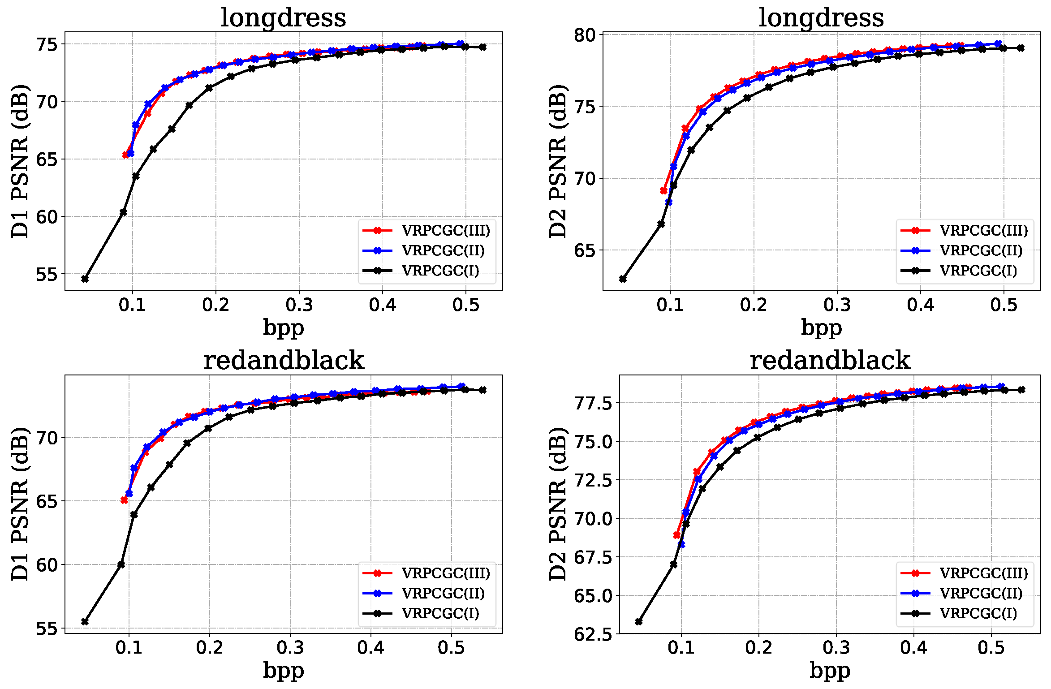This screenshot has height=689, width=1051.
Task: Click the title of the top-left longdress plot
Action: (283, 18)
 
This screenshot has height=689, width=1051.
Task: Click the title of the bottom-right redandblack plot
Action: (830, 361)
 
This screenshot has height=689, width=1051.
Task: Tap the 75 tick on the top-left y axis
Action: (47, 44)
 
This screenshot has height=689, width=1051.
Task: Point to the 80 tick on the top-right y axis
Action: (585, 35)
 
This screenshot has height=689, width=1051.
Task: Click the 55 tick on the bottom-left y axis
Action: (47, 629)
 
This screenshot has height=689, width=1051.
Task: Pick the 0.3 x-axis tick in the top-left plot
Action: (299, 305)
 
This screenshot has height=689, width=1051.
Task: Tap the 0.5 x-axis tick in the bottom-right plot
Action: (991, 648)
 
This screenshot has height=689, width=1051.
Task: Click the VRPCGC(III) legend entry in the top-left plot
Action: (445, 230)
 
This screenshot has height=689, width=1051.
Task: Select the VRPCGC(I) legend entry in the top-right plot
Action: (978, 271)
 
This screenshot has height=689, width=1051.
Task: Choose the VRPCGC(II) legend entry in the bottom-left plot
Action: (443, 593)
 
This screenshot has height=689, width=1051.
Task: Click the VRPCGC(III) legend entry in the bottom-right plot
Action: (983, 573)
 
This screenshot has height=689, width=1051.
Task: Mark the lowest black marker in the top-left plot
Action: (85, 279)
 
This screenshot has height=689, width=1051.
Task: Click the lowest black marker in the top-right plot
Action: (623, 279)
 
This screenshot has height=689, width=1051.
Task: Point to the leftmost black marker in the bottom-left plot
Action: (85, 621)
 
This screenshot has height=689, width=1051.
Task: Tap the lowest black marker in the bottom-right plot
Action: (639, 621)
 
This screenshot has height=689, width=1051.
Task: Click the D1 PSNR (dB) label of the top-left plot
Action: (20, 161)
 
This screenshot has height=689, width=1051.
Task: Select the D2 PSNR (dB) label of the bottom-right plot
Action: (558, 504)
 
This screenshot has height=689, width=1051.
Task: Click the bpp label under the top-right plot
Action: (821, 327)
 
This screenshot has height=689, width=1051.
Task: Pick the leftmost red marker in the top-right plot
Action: (663, 191)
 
